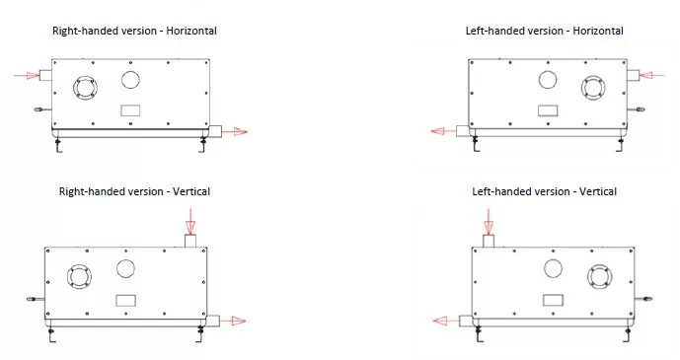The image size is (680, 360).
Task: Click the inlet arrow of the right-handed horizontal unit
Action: (27, 75)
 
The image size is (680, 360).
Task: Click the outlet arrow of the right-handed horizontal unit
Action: (235, 132)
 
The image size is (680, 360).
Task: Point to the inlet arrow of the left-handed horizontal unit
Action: (651, 75)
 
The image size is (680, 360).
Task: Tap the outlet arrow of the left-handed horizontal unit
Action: (444, 131)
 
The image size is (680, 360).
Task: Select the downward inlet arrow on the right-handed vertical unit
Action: (190, 221)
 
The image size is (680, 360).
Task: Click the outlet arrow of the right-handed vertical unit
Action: (233, 321)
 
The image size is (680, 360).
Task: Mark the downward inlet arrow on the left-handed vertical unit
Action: (489, 222)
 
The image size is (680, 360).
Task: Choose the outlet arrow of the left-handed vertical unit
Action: (446, 321)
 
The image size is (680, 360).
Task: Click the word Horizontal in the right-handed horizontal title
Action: (191, 31)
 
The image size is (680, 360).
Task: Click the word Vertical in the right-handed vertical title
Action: (191, 191)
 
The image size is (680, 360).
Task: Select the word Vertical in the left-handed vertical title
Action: (598, 191)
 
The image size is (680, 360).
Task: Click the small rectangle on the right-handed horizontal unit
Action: (130, 110)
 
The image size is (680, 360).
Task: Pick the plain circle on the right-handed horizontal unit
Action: (130, 80)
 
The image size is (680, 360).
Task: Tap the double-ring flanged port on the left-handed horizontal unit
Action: (593, 88)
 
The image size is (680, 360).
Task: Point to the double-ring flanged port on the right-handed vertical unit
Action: (79, 276)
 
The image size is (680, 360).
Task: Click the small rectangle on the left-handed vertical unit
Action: (553, 300)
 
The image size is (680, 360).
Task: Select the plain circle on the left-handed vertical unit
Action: (553, 268)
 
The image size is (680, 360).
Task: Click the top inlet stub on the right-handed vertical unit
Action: (190, 241)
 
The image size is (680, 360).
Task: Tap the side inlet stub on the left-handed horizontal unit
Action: (634, 75)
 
